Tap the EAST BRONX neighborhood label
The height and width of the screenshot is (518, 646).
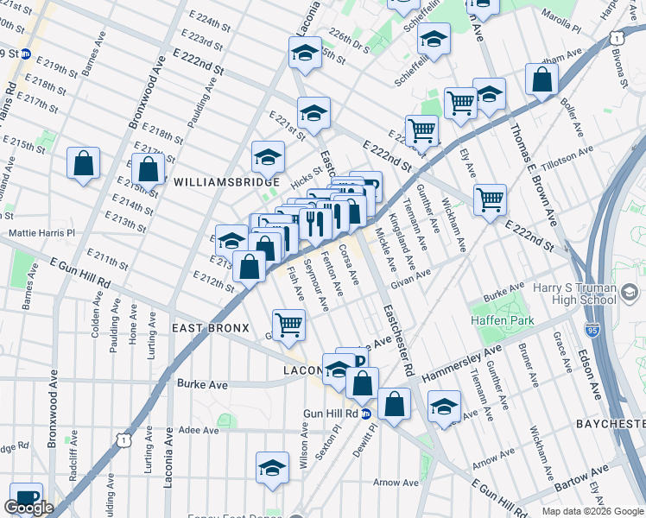point(210,328)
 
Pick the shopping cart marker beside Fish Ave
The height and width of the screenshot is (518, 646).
point(288,325)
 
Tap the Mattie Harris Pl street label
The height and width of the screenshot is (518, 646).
point(41,233)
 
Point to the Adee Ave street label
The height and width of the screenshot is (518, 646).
point(199,429)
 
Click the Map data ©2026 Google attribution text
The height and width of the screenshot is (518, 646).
point(592,511)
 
